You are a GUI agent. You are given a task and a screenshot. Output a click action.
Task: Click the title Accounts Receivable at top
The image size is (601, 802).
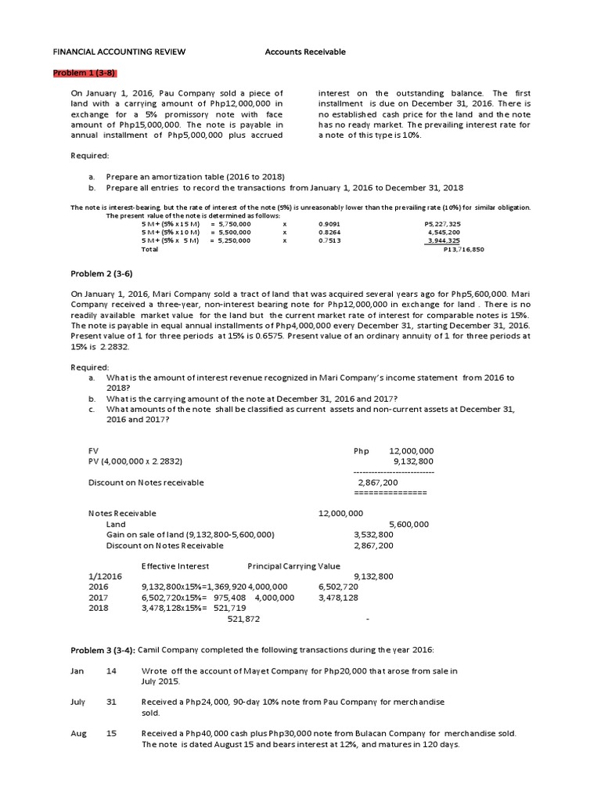tap(305, 52)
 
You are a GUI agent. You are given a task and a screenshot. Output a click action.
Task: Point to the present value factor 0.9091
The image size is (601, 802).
tap(329, 223)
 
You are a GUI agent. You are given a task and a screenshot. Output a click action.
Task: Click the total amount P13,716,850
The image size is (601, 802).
tap(463, 249)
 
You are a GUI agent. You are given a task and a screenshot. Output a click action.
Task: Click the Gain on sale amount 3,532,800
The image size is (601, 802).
tap(373, 534)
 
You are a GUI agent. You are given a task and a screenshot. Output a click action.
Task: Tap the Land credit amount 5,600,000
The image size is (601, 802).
tap(408, 524)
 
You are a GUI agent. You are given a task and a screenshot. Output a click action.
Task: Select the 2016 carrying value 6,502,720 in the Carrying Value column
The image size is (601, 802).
tap(338, 586)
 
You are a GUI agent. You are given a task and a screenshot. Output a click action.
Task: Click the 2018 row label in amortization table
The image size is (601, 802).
tap(98, 607)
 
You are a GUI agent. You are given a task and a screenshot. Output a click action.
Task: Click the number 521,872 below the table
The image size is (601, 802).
tap(243, 619)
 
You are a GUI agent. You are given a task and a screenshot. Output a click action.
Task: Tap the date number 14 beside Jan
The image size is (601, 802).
tap(111, 670)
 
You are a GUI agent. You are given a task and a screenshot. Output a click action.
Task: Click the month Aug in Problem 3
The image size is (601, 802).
tap(77, 733)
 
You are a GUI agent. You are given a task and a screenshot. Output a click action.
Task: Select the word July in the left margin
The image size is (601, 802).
tap(77, 702)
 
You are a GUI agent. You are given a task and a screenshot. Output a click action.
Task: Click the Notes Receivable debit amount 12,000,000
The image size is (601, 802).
tap(340, 513)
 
